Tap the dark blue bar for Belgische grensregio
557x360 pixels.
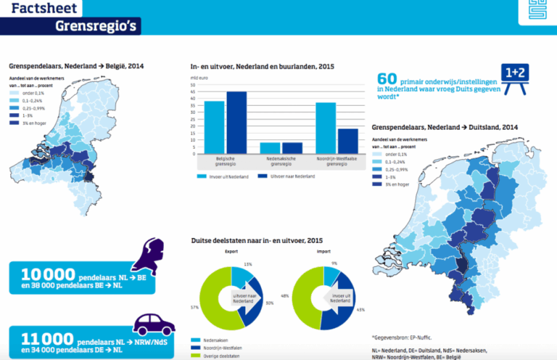click(x=236, y=123)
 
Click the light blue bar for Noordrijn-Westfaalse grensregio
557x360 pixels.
click(x=326, y=128)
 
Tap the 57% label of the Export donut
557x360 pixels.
click(x=195, y=308)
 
